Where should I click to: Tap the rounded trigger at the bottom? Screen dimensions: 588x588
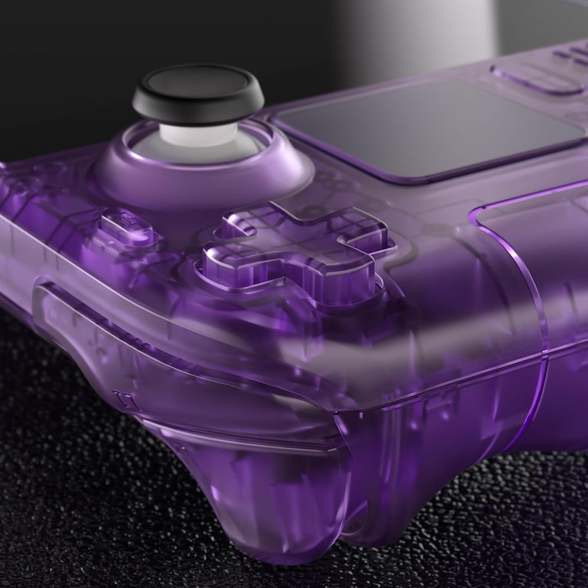tap(272, 506)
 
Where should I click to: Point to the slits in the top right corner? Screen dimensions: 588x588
tap(572, 54)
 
